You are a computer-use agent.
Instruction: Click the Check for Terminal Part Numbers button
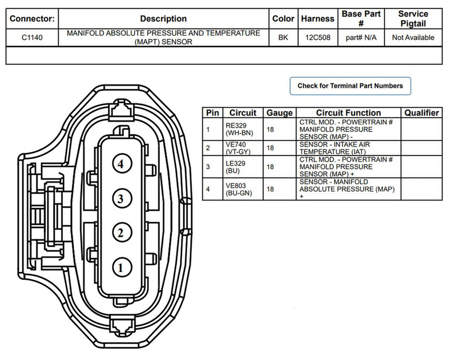[350, 86]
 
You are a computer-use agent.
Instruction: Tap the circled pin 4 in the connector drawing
[122, 164]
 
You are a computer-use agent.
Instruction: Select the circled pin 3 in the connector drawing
[122, 198]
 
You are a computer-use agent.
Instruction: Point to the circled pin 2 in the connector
[122, 232]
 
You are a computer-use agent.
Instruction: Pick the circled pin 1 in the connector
[122, 267]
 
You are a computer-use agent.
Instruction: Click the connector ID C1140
[32, 38]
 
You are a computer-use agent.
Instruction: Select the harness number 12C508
[318, 38]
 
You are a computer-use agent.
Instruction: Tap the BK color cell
[283, 38]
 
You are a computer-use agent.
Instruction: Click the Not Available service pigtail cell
[413, 38]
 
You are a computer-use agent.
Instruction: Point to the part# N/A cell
[361, 38]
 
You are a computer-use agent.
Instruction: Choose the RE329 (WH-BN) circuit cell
[239, 129]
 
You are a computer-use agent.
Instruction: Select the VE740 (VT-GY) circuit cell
[238, 148]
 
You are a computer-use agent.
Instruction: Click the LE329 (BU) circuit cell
[235, 167]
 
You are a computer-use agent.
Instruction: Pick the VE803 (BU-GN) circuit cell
[239, 189]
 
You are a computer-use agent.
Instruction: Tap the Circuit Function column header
[348, 113]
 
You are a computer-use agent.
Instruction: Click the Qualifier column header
[421, 113]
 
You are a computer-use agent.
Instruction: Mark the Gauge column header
[279, 113]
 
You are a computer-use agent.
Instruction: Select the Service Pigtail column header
[413, 19]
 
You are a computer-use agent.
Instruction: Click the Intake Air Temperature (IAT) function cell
[335, 148]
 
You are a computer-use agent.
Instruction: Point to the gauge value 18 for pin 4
[270, 189]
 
